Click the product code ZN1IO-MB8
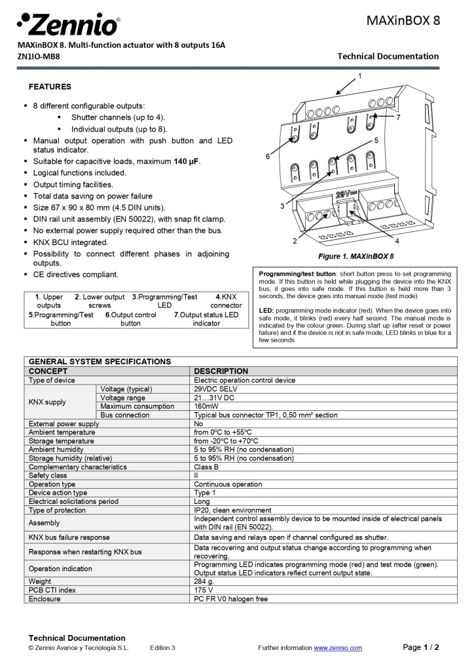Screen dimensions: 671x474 pyautogui.click(x=39, y=56)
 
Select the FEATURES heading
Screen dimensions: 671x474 pyautogui.click(x=50, y=86)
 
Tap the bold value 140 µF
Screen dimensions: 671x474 pyautogui.click(x=187, y=161)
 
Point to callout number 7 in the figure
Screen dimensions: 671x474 pyautogui.click(x=398, y=117)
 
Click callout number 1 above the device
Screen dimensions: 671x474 pyautogui.click(x=359, y=76)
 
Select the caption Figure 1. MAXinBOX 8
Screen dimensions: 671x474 pyautogui.click(x=355, y=256)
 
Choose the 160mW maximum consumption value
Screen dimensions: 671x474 pyautogui.click(x=207, y=406)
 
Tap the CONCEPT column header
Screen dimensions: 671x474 pyautogui.click(x=48, y=371)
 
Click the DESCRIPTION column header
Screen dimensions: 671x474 pyautogui.click(x=221, y=371)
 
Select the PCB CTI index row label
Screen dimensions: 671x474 pyautogui.click(x=53, y=590)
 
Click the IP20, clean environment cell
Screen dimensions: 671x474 pyautogui.click(x=232, y=510)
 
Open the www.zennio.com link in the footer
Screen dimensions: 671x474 pyautogui.click(x=337, y=648)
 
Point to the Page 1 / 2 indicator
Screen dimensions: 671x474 pyautogui.click(x=420, y=647)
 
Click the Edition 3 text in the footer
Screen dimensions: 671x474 pyautogui.click(x=162, y=648)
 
